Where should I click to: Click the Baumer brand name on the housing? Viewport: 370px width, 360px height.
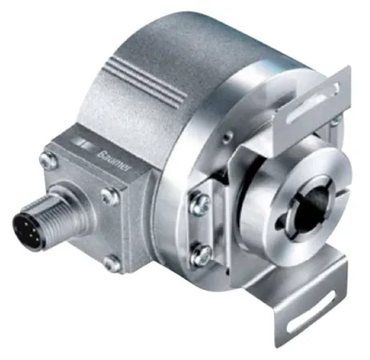click(x=114, y=161)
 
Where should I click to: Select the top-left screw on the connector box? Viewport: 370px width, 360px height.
click(x=48, y=160)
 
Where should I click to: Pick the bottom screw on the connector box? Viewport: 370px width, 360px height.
click(x=112, y=264)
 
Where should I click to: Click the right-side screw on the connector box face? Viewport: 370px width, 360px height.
click(x=109, y=196)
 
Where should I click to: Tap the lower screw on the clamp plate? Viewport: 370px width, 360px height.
click(x=201, y=255)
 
